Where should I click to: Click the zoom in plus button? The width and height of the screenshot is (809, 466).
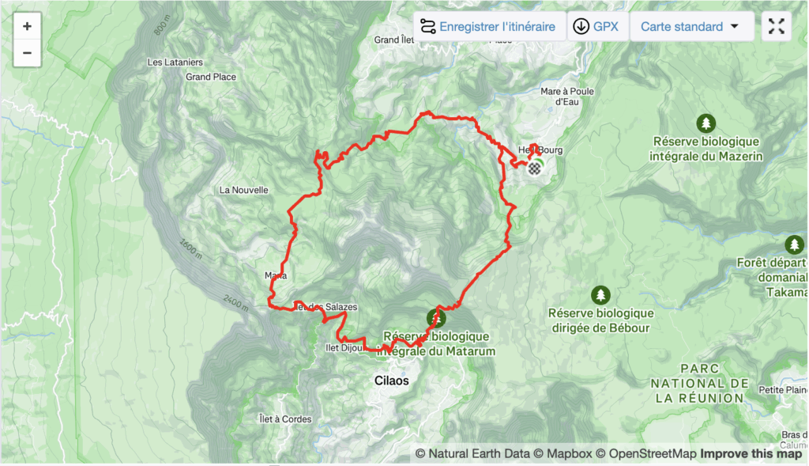tap(27, 26)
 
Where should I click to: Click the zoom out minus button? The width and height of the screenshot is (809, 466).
tap(27, 53)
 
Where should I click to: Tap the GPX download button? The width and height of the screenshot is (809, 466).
tap(597, 26)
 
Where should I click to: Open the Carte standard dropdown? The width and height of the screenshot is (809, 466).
tap(690, 26)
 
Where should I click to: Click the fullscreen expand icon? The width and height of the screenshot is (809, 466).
tap(777, 26)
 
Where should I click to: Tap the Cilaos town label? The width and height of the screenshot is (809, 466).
tap(392, 381)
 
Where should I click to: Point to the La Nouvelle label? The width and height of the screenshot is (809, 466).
tap(244, 190)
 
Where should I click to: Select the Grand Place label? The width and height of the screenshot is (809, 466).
tap(210, 77)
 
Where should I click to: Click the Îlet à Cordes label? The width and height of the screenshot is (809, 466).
tap(285, 419)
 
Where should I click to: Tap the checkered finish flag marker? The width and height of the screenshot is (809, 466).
tap(536, 167)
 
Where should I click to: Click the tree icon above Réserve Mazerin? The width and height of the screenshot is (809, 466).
tap(706, 123)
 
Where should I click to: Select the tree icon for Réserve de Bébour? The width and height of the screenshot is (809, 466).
tap(600, 295)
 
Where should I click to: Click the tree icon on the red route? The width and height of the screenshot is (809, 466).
tap(435, 318)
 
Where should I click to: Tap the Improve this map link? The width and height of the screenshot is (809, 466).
tap(751, 453)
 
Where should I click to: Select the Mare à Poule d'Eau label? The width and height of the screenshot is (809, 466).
tap(568, 96)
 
